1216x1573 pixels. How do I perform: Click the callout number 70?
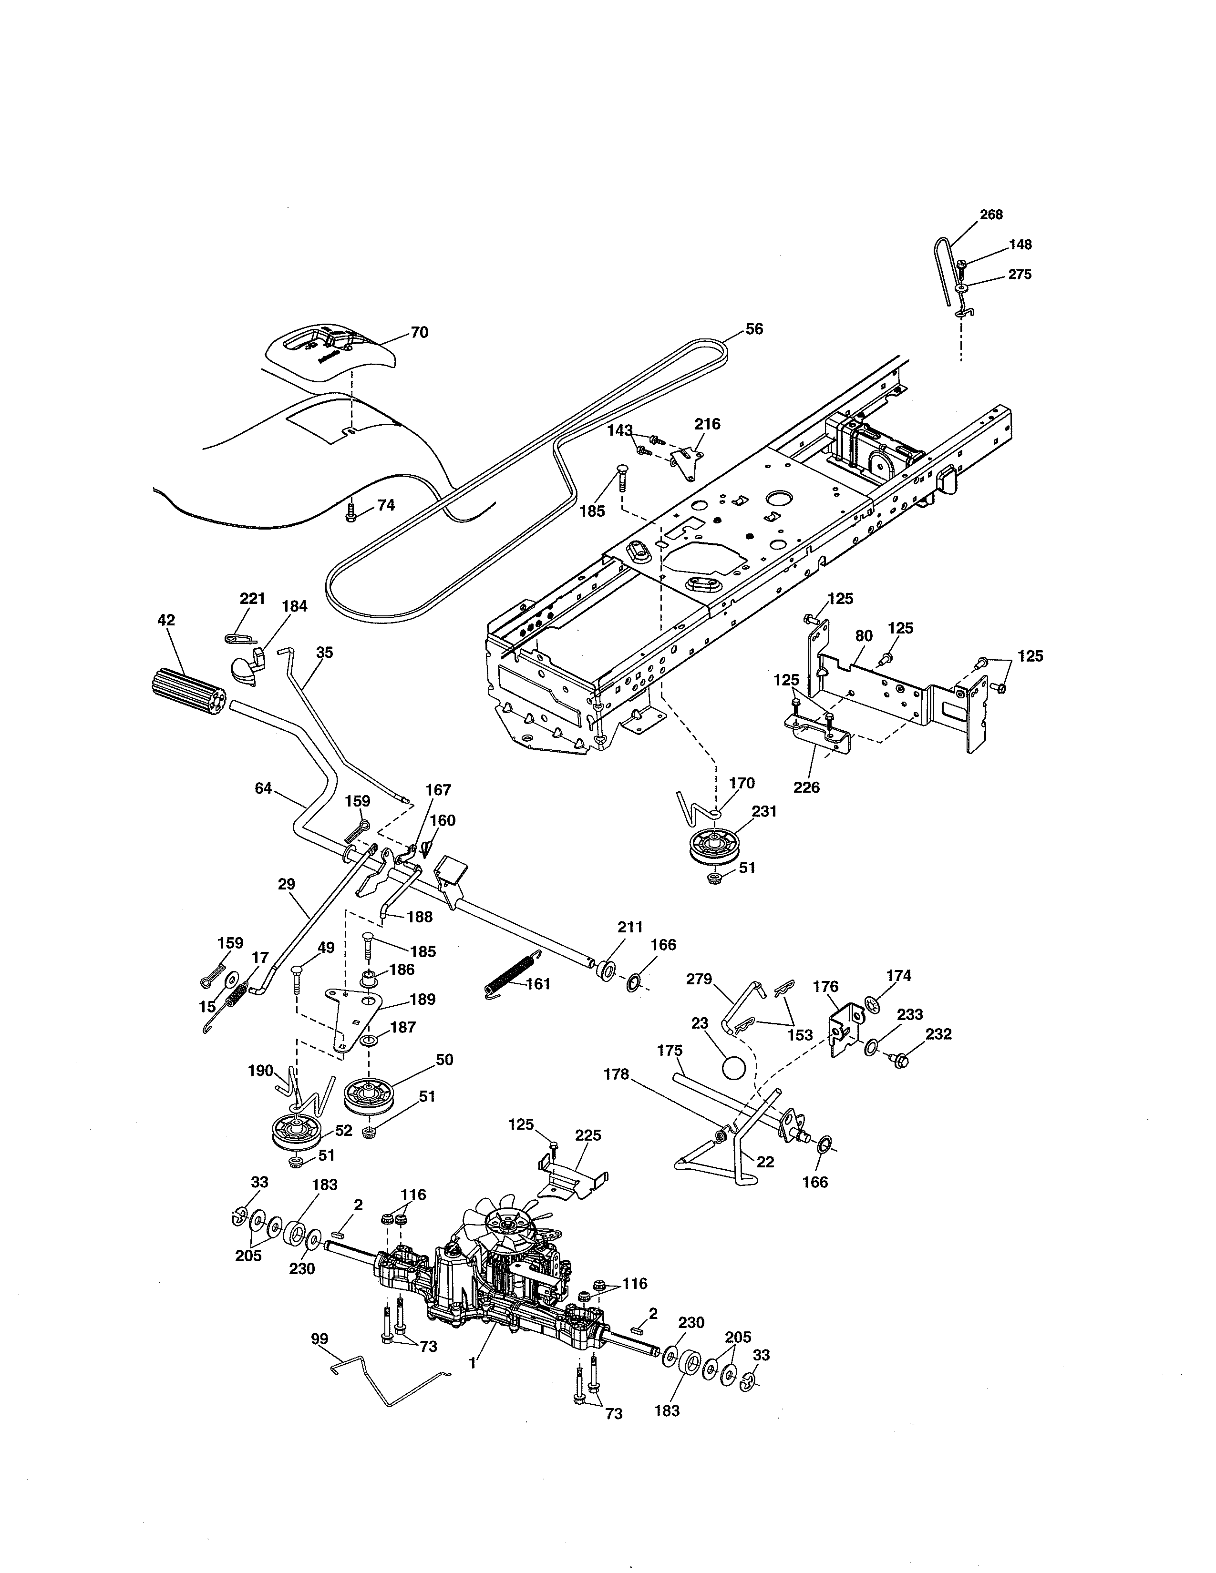click(x=419, y=332)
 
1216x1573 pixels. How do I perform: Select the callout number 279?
click(x=698, y=979)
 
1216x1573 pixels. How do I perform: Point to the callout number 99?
click(x=319, y=1338)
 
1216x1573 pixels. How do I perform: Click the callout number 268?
click(x=990, y=214)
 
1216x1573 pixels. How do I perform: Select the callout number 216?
click(x=707, y=424)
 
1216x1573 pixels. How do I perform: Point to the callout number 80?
click(x=863, y=635)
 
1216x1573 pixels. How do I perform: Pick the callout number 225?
click(x=588, y=1135)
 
